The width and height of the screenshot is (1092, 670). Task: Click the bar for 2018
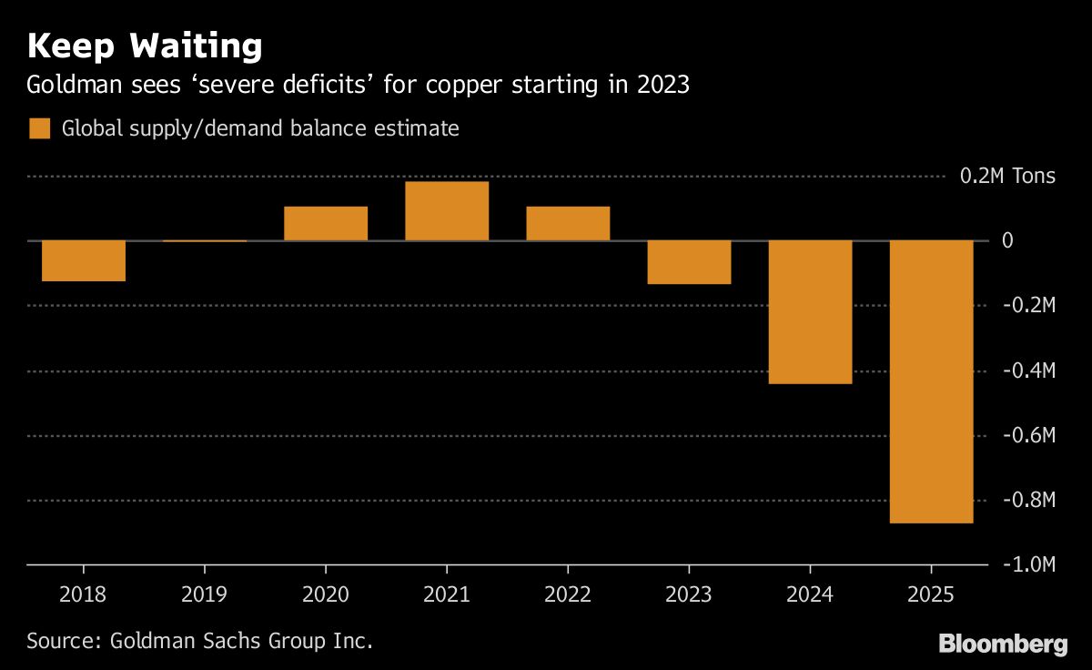(84, 260)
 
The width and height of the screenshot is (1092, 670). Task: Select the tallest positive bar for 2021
(447, 211)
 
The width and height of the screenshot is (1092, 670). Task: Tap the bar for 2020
(326, 223)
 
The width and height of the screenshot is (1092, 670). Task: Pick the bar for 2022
(568, 223)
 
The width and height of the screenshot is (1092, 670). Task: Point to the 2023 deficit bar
(689, 262)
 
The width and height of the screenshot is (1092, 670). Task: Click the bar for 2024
(811, 312)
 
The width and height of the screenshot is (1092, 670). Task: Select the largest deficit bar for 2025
(931, 381)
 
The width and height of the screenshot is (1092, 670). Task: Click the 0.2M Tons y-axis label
(1007, 176)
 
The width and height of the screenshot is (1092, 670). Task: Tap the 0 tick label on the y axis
(1006, 241)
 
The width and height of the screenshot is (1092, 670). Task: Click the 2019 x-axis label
(205, 595)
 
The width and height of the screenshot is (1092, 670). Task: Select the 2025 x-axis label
(931, 595)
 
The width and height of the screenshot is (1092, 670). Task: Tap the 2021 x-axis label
(447, 595)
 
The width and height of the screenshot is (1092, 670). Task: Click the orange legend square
(39, 128)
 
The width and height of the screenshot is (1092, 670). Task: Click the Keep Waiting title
(145, 46)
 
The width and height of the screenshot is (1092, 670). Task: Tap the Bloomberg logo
(1003, 645)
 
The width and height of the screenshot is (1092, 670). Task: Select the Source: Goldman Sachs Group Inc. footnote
(200, 640)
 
